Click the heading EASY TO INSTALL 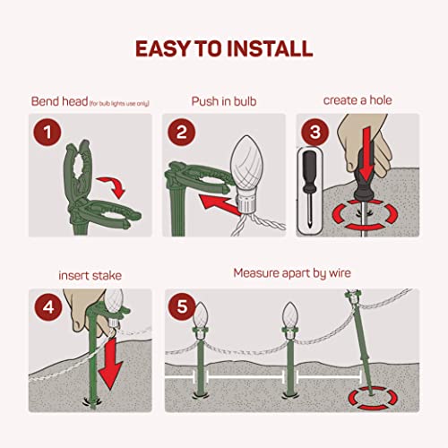coord(224,47)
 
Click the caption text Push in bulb coord(223,101)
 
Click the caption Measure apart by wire coord(291,273)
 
